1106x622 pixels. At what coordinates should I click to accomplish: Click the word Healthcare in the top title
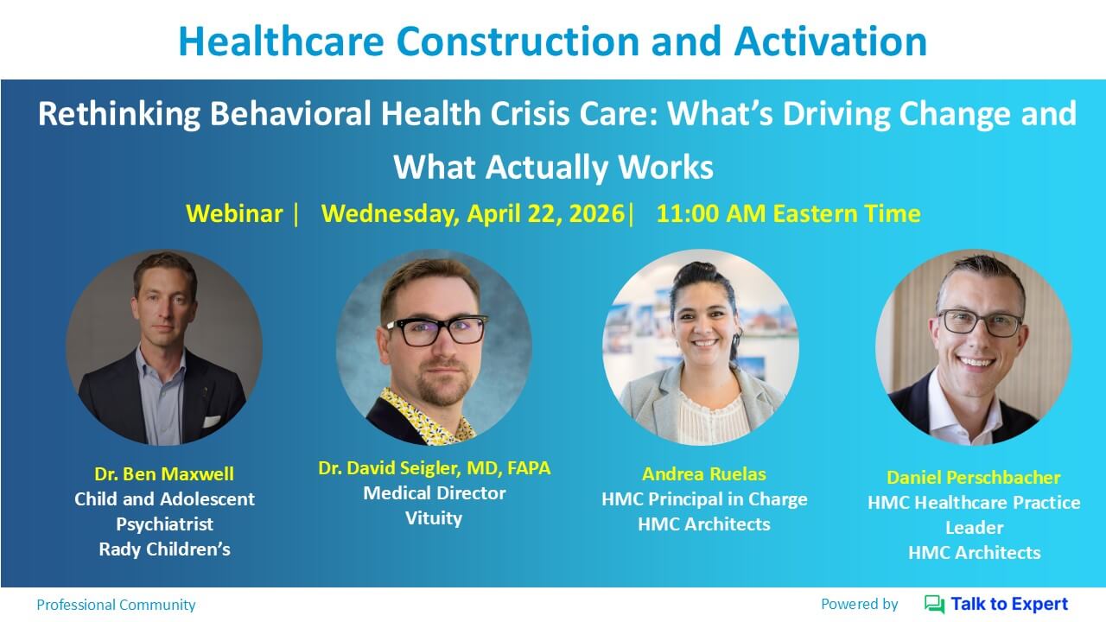point(282,41)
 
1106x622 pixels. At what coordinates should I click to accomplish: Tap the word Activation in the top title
point(830,41)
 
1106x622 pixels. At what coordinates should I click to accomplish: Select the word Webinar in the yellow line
point(234,213)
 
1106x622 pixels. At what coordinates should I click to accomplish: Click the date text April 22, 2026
point(545,214)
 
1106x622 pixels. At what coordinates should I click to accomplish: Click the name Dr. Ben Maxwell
point(164,474)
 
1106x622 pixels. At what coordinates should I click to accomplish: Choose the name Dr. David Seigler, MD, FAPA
point(434,468)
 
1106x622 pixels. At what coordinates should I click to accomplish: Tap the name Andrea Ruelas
point(704,474)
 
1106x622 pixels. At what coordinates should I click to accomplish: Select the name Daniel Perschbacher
point(974,478)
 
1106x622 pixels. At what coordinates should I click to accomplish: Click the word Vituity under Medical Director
point(434,518)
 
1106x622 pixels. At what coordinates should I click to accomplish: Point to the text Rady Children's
point(164,549)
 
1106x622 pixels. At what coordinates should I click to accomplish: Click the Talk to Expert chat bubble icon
point(934,604)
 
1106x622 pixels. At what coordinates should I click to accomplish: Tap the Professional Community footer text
point(116,605)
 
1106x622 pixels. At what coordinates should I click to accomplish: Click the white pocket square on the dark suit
point(212,421)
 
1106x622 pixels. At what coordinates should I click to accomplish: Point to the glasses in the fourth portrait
point(980,323)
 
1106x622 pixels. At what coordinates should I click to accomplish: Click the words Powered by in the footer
point(860,604)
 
